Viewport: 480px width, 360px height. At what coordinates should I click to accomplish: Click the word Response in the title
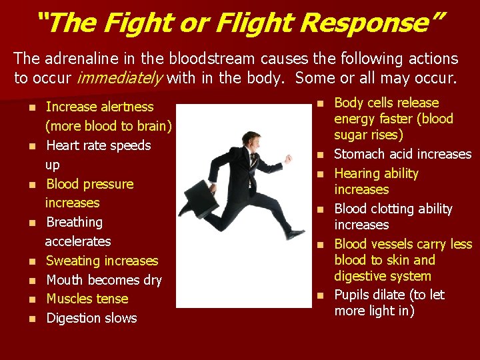(368, 23)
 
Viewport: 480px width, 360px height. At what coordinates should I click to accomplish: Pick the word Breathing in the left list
(74, 222)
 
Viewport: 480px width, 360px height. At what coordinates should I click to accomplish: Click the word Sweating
(73, 261)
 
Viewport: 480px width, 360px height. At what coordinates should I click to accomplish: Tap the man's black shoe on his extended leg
(294, 233)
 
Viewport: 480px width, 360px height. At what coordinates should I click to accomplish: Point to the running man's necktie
(252, 159)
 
